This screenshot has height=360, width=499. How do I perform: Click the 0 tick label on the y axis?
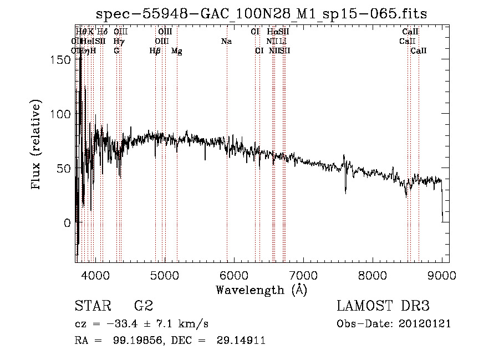(68, 223)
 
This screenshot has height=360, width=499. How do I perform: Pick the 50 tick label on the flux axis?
(64, 169)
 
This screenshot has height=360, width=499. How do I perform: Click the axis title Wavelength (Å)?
(261, 290)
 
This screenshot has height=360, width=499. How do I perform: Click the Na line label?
(226, 42)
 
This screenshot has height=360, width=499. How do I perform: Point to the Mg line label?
(177, 51)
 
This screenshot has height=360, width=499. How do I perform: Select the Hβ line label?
(155, 51)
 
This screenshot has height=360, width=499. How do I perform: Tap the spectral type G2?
(143, 306)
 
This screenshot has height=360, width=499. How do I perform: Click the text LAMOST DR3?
(383, 306)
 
